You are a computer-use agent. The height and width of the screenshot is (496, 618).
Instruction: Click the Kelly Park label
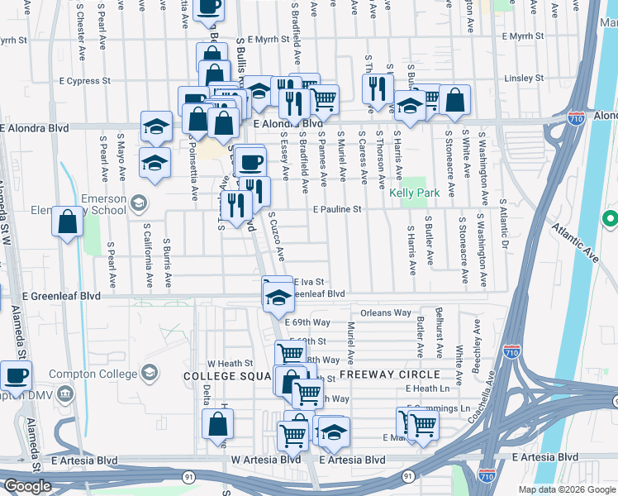coord(412,193)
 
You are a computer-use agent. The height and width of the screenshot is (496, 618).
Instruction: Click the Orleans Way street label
coord(385,313)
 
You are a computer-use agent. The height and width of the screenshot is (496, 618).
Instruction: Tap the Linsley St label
coord(523,79)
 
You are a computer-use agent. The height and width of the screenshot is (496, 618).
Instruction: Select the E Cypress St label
coord(85,81)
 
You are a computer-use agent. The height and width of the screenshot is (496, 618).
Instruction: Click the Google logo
coord(27,486)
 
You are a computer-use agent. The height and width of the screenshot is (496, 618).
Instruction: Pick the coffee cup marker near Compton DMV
coord(16,376)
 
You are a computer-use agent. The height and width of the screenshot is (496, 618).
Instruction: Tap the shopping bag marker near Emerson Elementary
coord(67,222)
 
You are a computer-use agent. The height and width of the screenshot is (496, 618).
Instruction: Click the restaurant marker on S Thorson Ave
coord(377,88)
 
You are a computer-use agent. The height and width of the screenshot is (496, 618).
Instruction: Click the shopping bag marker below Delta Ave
coord(217,424)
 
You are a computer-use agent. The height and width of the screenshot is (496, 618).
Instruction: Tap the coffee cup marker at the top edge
coord(208,7)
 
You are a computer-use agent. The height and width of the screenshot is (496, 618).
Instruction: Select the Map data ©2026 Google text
coord(567,489)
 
